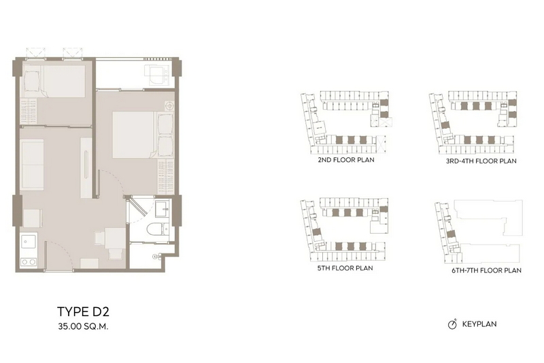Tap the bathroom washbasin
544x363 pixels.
162,208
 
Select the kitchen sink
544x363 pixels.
28,240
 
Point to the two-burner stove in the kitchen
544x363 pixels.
29,262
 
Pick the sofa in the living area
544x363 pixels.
32,164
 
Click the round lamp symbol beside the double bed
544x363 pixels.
169,106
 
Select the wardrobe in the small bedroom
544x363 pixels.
29,112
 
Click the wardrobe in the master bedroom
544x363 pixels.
165,177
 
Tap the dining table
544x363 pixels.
115,238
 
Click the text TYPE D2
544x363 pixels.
83,312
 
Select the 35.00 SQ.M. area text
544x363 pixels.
83,326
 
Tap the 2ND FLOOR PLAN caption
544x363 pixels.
346,160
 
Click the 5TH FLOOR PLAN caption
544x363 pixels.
345,268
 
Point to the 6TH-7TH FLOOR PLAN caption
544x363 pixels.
486,270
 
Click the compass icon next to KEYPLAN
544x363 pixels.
452,324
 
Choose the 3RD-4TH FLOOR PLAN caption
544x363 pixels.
481,161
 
